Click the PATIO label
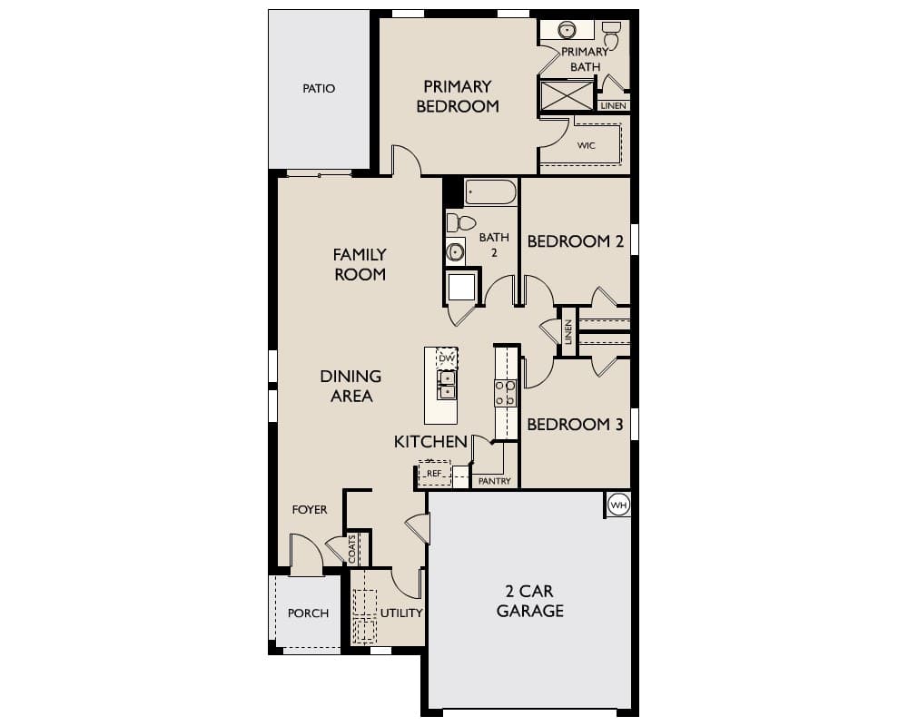click(x=319, y=89)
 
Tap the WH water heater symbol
click(x=618, y=505)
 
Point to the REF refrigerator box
click(x=434, y=473)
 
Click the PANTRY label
click(x=495, y=481)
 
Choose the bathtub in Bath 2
click(x=490, y=192)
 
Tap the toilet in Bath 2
click(x=461, y=223)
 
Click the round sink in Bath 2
click(x=455, y=252)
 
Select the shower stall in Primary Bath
click(x=567, y=95)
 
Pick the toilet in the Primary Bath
click(x=611, y=34)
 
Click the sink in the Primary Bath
click(x=567, y=29)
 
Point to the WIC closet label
click(x=586, y=145)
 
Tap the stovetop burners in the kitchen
click(x=506, y=393)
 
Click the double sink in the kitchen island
click(x=447, y=386)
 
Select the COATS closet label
click(x=352, y=549)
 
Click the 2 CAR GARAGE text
click(x=530, y=601)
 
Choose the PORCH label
click(x=308, y=613)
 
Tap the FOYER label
click(x=310, y=509)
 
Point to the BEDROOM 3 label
click(x=575, y=425)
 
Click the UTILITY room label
click(x=401, y=613)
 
